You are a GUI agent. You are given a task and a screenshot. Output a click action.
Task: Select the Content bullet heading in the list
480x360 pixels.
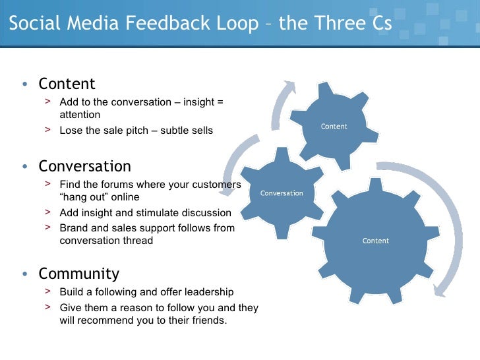pyautogui.click(x=67, y=84)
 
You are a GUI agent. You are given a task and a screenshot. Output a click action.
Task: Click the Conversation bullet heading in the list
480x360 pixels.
pyautogui.click(x=84, y=166)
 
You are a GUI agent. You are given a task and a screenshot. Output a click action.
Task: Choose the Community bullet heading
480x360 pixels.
pyautogui.click(x=78, y=274)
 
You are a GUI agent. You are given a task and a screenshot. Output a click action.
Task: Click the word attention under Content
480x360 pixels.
pyautogui.click(x=80, y=115)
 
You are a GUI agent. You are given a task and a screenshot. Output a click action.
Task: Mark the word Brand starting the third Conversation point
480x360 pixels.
pyautogui.click(x=73, y=228)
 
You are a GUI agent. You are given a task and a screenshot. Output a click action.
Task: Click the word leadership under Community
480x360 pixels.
pyautogui.click(x=207, y=292)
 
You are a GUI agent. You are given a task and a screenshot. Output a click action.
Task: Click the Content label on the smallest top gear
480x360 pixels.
pyautogui.click(x=334, y=127)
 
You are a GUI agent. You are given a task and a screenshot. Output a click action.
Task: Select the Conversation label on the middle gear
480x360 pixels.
pyautogui.click(x=282, y=193)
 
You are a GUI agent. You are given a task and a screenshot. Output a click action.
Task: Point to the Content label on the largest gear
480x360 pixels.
pyautogui.click(x=376, y=241)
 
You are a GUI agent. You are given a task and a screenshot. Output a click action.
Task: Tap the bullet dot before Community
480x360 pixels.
pyautogui.click(x=24, y=274)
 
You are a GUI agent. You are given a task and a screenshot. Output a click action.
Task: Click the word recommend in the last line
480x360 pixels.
pyautogui.click(x=104, y=320)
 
